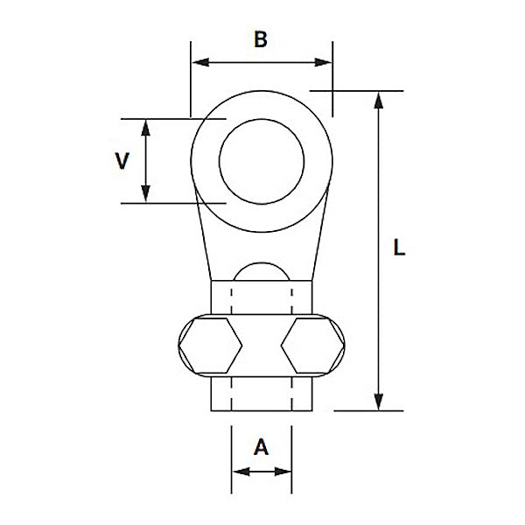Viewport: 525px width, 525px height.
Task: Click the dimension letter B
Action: [260, 38]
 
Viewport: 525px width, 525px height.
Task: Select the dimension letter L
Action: [399, 248]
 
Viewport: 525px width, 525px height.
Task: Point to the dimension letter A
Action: [261, 448]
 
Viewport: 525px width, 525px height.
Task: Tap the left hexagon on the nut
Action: [209, 346]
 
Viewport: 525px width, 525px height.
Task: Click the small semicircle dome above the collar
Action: [262, 272]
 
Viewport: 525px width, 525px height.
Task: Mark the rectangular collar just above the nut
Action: [262, 297]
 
